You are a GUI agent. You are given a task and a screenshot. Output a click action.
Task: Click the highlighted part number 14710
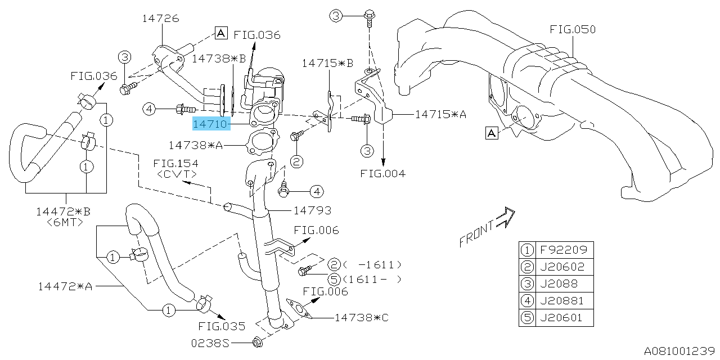click(210, 123)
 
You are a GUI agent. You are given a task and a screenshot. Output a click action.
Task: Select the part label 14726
click(160, 19)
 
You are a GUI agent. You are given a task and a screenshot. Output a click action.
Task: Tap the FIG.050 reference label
click(573, 29)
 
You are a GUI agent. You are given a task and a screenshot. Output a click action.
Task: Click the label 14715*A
click(440, 114)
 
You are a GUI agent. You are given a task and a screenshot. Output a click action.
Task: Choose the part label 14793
click(312, 210)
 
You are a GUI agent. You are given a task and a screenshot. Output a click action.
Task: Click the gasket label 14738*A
click(196, 145)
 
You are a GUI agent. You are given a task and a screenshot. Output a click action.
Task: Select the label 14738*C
click(361, 317)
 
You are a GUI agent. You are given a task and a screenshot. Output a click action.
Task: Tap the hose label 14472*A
click(65, 286)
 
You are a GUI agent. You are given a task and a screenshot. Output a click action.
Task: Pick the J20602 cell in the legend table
click(565, 267)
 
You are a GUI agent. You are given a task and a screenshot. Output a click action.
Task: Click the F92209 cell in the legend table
click(565, 249)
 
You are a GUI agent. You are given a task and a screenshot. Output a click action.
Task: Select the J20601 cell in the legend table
click(565, 318)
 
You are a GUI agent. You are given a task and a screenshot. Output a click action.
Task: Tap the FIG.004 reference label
click(382, 173)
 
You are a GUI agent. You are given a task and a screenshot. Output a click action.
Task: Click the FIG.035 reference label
click(222, 326)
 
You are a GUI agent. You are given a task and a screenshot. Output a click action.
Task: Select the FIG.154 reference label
click(175, 164)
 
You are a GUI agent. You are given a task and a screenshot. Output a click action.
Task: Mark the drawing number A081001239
click(679, 351)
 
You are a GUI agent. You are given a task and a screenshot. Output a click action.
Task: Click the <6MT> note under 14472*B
click(66, 222)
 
